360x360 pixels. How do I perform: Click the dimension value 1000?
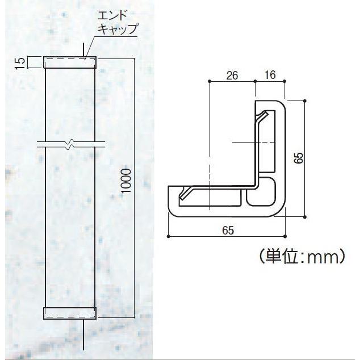click(126, 181)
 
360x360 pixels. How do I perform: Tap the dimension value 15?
click(20, 63)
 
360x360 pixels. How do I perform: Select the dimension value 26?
click(232, 76)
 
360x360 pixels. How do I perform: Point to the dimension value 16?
click(270, 75)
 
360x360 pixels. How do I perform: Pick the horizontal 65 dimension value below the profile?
click(228, 230)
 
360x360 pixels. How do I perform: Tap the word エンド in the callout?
click(112, 16)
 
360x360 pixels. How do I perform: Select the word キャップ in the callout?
click(118, 29)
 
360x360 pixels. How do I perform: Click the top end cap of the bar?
click(70, 62)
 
